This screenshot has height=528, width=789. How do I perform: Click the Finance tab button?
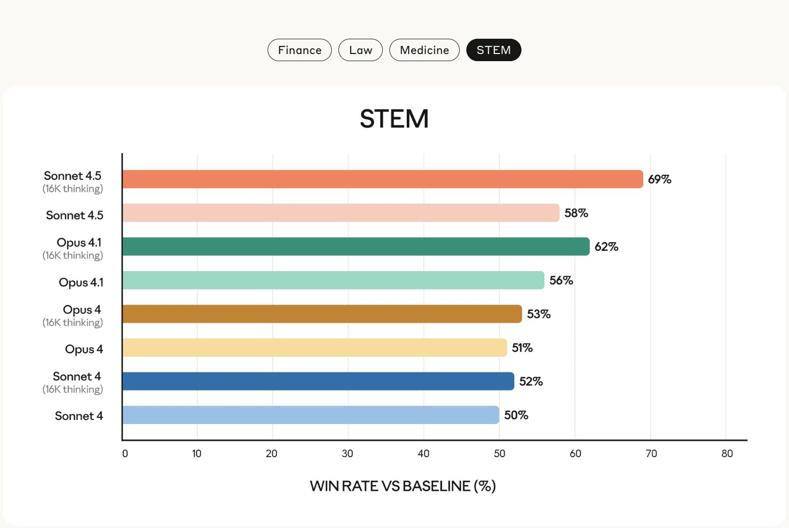[300, 50]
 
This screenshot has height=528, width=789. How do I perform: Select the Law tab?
[360, 50]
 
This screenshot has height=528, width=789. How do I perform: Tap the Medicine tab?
[424, 50]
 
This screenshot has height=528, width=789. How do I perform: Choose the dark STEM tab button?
[493, 50]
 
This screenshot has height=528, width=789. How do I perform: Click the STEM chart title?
[394, 119]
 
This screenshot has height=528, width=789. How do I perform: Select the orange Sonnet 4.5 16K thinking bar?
[382, 179]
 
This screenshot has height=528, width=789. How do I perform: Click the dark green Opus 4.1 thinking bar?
[356, 247]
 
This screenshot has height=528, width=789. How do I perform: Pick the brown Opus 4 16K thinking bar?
[322, 314]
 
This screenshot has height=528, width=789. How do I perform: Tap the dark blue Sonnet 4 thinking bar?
[318, 381]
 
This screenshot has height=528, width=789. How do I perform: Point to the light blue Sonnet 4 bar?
[311, 415]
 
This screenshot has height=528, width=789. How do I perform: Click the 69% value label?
[660, 179]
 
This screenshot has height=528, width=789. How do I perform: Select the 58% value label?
[576, 213]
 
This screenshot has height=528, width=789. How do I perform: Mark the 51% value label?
[522, 348]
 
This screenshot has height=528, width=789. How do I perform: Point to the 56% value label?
[561, 280]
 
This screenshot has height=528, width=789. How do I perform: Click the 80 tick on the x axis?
[727, 454]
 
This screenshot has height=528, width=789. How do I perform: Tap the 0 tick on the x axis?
[125, 454]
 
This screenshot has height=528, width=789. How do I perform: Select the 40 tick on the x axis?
[424, 454]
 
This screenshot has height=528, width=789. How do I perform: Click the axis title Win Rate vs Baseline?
[403, 486]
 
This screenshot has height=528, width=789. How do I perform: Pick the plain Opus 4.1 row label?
[81, 282]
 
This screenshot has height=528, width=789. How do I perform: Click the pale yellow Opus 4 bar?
[314, 348]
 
